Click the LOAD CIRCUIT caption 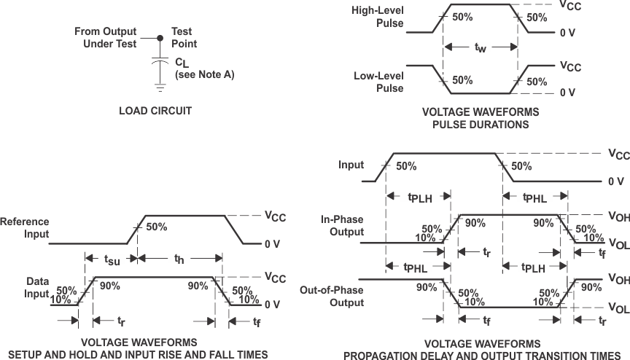[x=155, y=111]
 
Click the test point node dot [x=160, y=36]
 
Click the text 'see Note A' [x=204, y=74]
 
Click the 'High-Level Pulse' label [x=378, y=17]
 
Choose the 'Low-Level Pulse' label [x=378, y=82]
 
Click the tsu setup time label [x=112, y=259]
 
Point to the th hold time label [x=179, y=259]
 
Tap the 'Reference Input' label [x=25, y=228]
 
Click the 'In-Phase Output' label [x=342, y=226]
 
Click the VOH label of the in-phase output [x=617, y=216]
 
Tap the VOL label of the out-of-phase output [x=617, y=309]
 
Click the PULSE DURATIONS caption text [x=481, y=125]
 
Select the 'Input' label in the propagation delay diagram [x=351, y=165]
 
